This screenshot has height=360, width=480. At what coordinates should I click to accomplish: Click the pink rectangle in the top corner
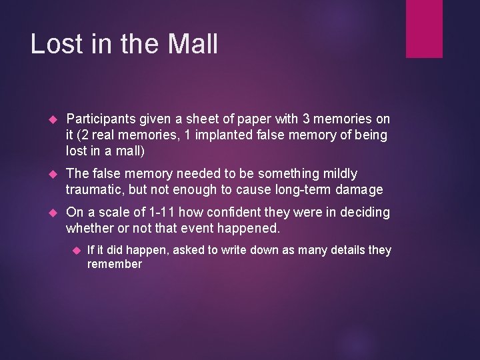(424, 28)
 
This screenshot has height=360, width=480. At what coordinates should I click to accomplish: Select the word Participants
(101, 119)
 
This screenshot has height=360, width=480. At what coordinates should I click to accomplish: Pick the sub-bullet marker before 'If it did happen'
(75, 251)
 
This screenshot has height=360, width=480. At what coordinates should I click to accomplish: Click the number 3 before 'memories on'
(306, 119)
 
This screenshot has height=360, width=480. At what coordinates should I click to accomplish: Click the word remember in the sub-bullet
(115, 265)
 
